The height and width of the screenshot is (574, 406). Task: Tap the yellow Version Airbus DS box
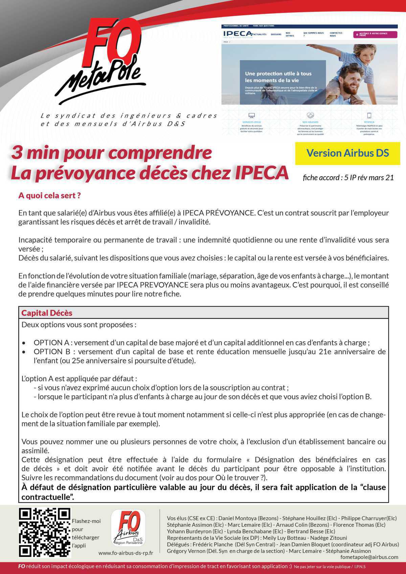pyautogui.click(x=347, y=153)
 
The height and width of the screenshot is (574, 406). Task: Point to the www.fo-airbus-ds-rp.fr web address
pyautogui.click(x=126, y=553)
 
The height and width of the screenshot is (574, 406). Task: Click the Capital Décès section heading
pyautogui.click(x=47, y=313)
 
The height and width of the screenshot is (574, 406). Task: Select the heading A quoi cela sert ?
pyautogui.click(x=49, y=196)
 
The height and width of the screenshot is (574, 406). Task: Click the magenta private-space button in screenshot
pyautogui.click(x=375, y=34)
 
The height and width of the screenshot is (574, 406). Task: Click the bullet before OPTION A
pyautogui.click(x=24, y=343)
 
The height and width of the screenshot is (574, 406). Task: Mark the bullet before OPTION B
pyautogui.click(x=24, y=352)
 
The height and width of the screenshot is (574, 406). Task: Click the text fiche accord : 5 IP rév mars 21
pyautogui.click(x=348, y=177)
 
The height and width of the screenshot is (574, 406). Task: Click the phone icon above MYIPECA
pyautogui.click(x=369, y=116)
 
